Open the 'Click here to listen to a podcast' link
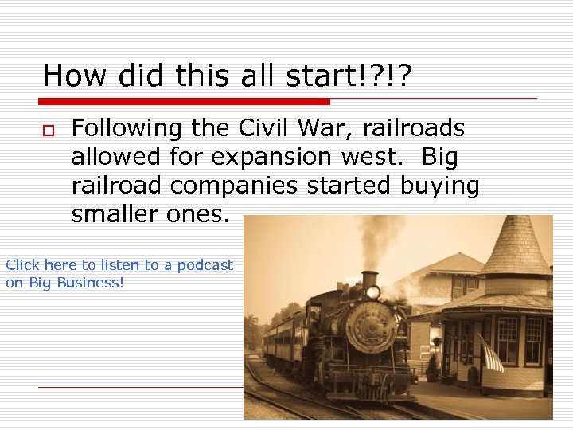pyautogui.click(x=119, y=265)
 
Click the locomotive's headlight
pyautogui.click(x=372, y=292)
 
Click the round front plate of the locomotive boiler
pyautogui.click(x=372, y=326)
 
